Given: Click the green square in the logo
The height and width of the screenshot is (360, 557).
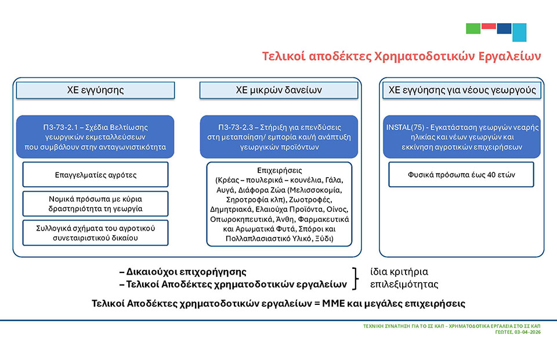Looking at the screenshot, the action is (473, 28).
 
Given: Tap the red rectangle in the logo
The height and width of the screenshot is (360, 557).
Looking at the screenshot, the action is (489, 26).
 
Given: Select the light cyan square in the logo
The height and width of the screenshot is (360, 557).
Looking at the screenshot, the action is (519, 33).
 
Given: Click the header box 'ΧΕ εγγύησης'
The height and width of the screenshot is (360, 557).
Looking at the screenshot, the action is (95, 90).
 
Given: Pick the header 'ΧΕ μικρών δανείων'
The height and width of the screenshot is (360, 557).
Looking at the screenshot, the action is (279, 90).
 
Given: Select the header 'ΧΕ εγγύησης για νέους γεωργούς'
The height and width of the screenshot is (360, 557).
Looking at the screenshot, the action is (462, 90).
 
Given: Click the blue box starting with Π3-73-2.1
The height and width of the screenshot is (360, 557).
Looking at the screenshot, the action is (95, 137).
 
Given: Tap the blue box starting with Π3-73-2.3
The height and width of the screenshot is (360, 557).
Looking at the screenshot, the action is (279, 137).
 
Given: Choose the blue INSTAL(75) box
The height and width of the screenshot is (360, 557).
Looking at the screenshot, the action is (462, 137).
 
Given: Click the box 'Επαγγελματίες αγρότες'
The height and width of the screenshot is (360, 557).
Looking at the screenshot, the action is (95, 175).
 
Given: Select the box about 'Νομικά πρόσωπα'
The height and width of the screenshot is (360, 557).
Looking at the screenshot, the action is (95, 204).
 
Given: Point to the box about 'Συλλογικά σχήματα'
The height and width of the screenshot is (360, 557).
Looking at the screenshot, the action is (95, 233).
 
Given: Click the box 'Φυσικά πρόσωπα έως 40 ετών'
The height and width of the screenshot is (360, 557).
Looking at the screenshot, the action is (461, 175).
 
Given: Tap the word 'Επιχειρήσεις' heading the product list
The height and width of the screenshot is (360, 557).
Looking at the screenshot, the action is (279, 170).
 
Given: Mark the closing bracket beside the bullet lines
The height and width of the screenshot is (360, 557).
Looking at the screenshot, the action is (355, 279).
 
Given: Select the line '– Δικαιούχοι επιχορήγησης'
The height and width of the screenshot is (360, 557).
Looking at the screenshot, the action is (183, 272).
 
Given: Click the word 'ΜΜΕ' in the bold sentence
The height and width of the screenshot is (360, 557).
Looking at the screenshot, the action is (334, 304).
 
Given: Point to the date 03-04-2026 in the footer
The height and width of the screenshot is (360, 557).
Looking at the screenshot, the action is (527, 332).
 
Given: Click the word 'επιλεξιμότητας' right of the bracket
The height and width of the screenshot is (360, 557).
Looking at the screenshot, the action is (404, 285).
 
